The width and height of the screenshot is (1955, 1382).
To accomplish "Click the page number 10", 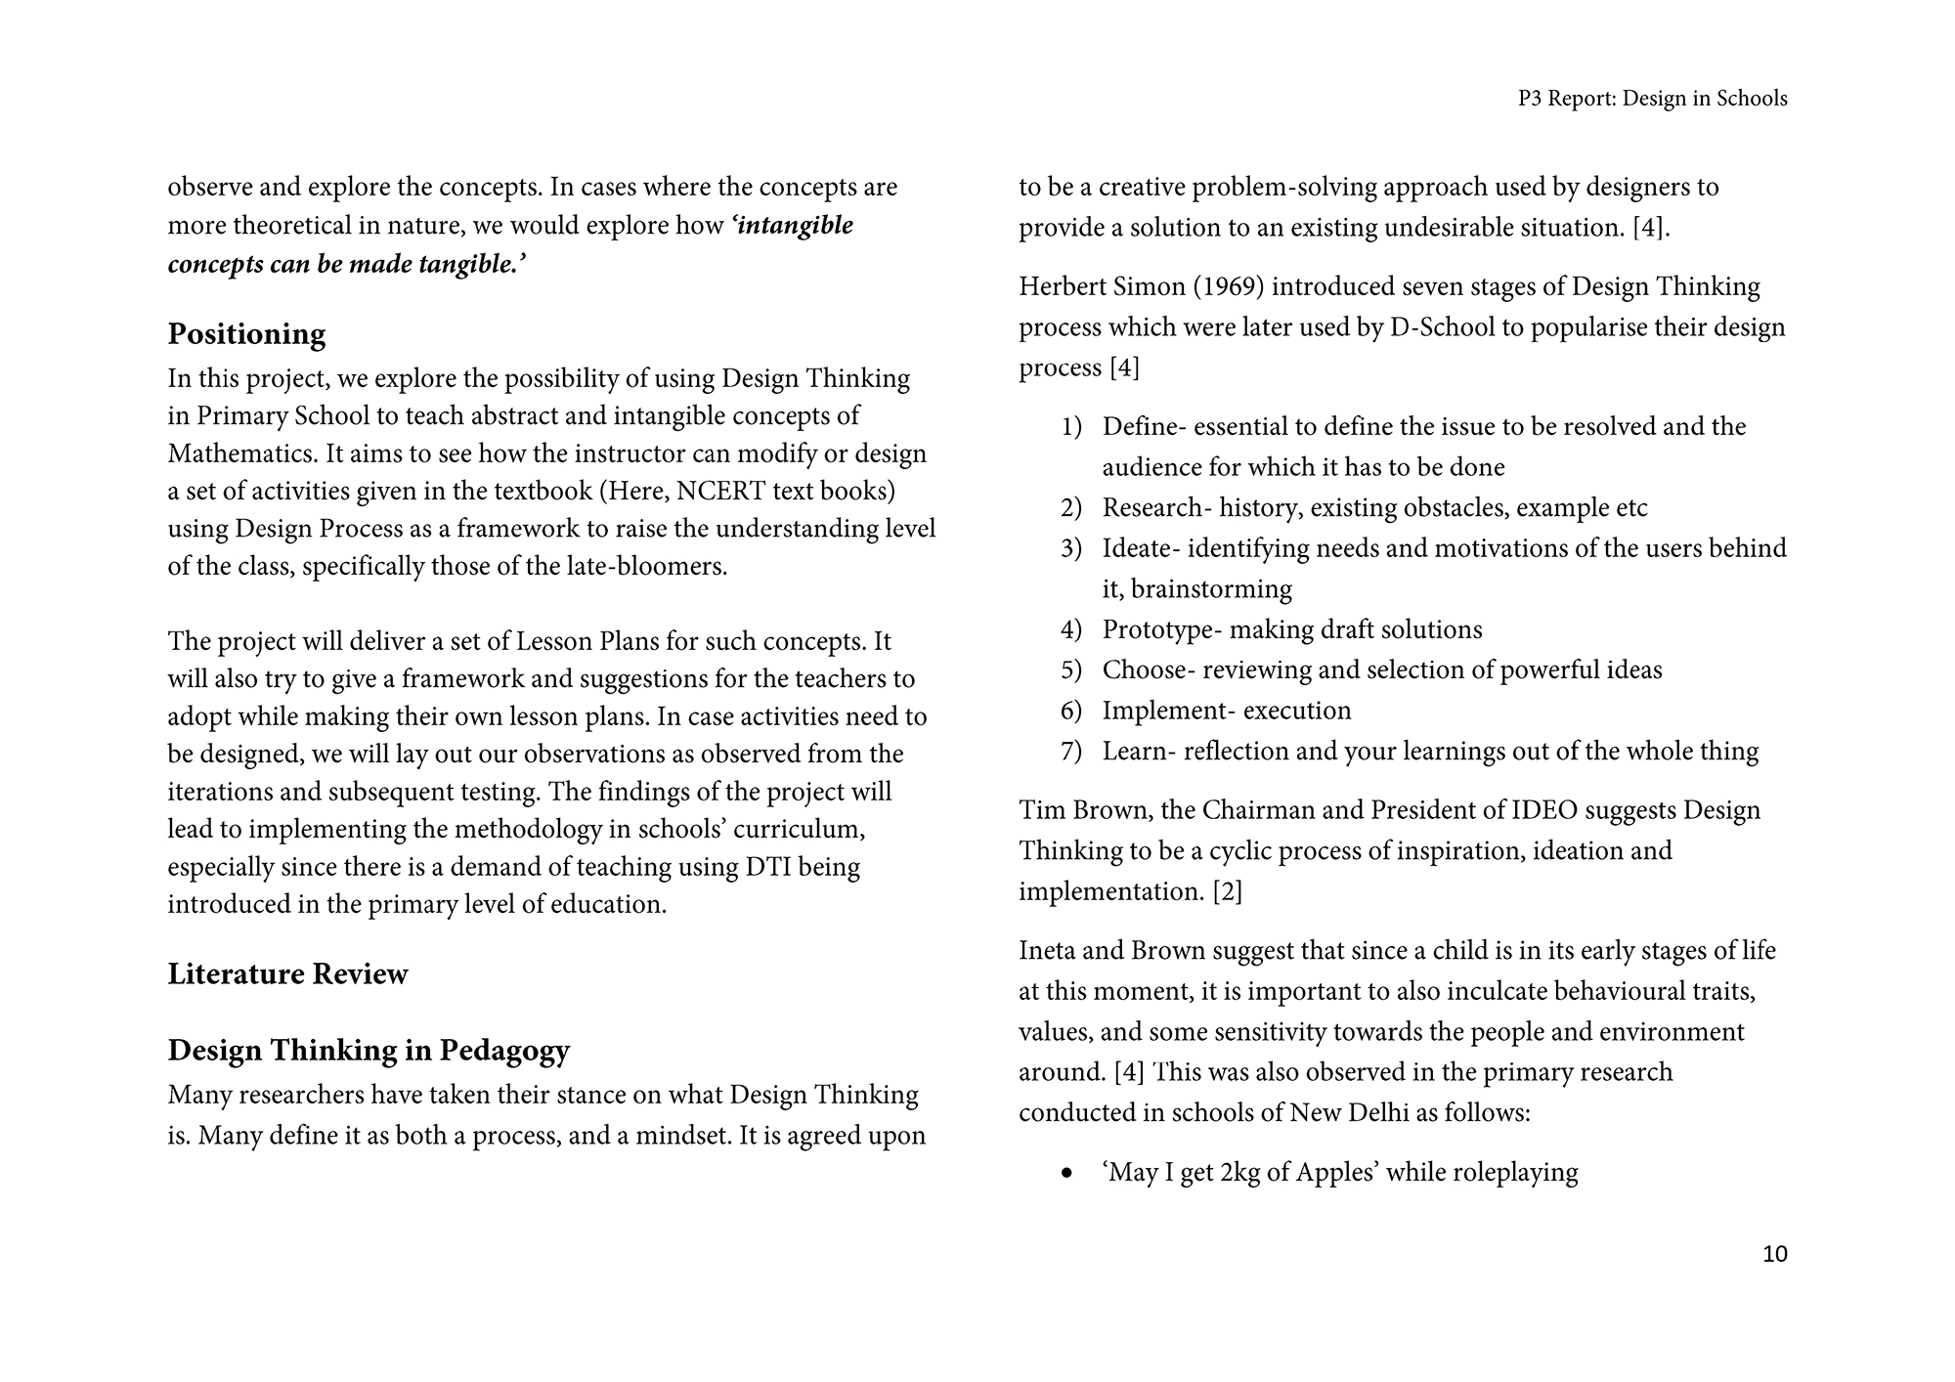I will tap(1774, 1254).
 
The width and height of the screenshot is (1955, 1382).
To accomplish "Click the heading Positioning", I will tap(246, 334).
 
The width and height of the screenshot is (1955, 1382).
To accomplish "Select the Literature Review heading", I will tap(287, 974).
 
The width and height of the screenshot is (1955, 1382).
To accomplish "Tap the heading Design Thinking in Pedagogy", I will tap(369, 1051).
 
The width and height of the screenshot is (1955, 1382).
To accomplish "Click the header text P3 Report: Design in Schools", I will tap(1652, 99).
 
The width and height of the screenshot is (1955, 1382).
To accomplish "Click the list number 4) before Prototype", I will tap(1071, 630).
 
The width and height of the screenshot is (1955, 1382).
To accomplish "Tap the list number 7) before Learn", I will tap(1071, 752).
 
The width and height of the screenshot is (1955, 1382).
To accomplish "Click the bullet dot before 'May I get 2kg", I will tap(1066, 1173).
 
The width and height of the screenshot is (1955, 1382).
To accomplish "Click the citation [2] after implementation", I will tap(1227, 892).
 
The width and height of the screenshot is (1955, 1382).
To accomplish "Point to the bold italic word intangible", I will tap(796, 226).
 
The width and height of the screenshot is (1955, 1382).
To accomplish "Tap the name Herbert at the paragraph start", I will tap(1062, 287).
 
